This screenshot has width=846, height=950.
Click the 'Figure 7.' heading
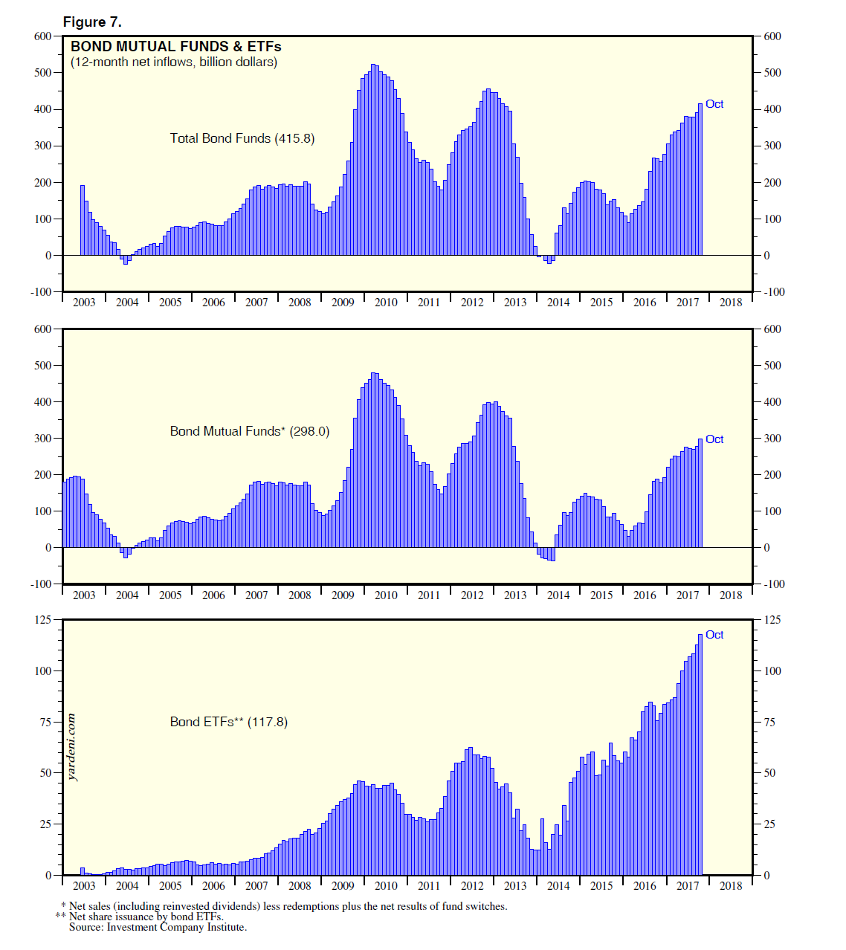click(x=92, y=22)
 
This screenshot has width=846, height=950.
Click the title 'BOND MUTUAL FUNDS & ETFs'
click(x=175, y=47)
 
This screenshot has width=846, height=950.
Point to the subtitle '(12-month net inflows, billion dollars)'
click(x=174, y=62)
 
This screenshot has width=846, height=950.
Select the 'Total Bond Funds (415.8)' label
click(x=242, y=138)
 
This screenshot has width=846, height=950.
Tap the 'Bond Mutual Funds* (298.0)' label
click(x=250, y=431)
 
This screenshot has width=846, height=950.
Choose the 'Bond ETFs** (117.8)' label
click(x=229, y=722)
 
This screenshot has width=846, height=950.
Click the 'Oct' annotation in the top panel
click(x=714, y=104)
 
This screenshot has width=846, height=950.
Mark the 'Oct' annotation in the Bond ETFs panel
click(x=714, y=635)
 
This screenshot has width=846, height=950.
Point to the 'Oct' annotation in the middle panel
click(x=714, y=439)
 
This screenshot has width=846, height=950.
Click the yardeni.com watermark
click(x=71, y=747)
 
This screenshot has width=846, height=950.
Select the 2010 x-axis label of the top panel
click(x=386, y=303)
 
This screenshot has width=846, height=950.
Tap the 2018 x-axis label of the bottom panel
click(x=731, y=886)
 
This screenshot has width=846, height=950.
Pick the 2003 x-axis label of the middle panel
click(x=84, y=595)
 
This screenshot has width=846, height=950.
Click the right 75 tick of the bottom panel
click(x=770, y=722)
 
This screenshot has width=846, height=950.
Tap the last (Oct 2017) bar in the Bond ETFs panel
click(x=700, y=754)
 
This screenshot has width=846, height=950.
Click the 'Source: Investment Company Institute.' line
click(x=158, y=927)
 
